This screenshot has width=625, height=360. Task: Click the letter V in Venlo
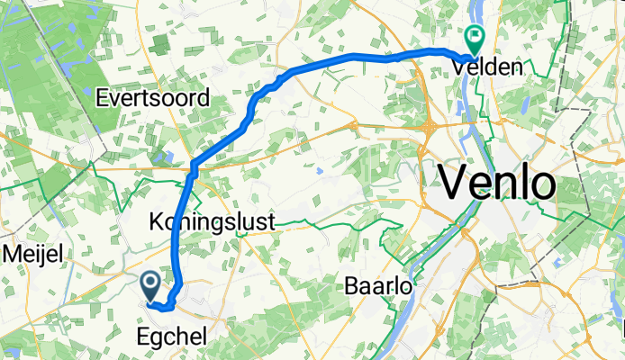[456, 184]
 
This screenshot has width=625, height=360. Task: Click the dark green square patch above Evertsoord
[159, 45]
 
